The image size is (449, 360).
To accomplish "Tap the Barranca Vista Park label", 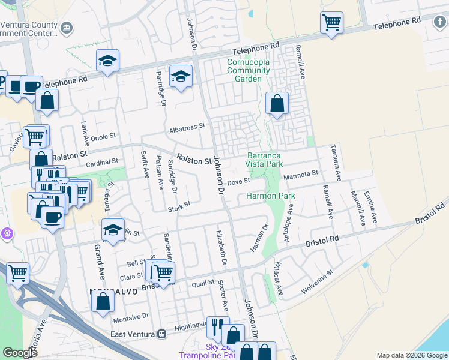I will coord(265,159).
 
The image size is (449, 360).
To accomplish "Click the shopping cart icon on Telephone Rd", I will coord(331,24).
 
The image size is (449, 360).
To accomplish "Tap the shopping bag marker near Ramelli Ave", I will coord(277,103).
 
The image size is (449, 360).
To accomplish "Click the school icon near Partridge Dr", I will coord(181,77).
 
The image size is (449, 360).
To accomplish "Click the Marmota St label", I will coord(301,173).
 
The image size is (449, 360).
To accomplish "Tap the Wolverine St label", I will coord(317,281).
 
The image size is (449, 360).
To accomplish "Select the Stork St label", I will coord(179,205).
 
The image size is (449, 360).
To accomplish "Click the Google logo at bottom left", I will coord(20,352).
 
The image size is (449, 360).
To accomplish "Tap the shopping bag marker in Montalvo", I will coord(103,301).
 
